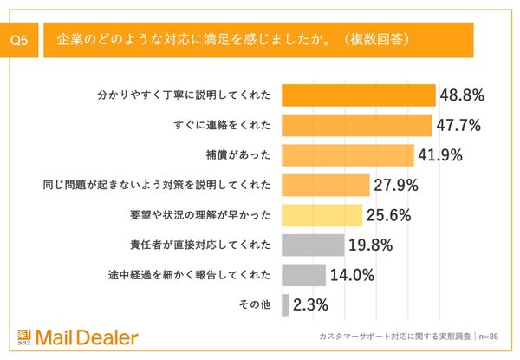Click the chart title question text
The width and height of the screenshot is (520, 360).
tap(233, 41)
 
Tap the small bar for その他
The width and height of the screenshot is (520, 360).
tap(285, 305)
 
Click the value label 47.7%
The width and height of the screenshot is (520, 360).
tap(458, 125)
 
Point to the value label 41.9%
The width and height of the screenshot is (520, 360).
tap(440, 155)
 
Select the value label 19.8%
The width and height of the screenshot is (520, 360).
tap(371, 245)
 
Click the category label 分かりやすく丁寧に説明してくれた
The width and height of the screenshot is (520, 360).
tap(182, 95)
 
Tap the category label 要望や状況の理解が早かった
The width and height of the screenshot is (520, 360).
tap(198, 215)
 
